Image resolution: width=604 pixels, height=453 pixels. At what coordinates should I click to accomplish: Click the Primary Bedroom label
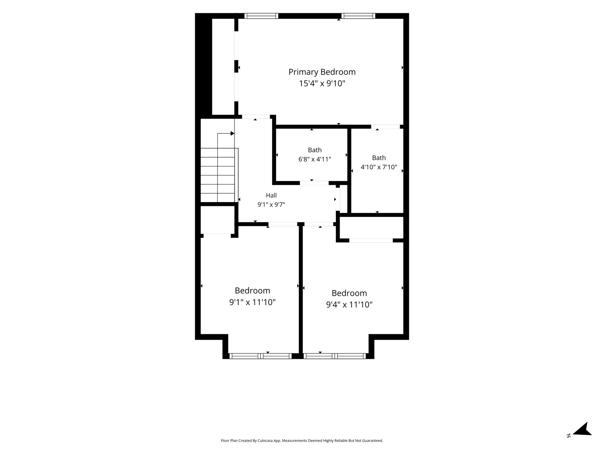(322, 72)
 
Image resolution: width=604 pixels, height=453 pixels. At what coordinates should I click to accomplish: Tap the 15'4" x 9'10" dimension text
(322, 84)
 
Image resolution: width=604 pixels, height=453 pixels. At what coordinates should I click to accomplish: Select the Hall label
(271, 195)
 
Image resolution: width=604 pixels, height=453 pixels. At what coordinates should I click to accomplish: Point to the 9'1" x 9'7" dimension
(271, 204)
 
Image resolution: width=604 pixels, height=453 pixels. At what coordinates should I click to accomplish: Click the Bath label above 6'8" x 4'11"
(315, 150)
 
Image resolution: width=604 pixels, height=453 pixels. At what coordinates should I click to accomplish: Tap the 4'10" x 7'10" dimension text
(379, 167)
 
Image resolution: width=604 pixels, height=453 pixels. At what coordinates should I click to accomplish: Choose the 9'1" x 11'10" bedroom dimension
(252, 302)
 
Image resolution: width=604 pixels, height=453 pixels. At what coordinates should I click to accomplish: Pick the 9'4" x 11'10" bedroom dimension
(349, 305)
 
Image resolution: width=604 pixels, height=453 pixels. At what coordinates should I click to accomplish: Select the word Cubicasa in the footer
(265, 441)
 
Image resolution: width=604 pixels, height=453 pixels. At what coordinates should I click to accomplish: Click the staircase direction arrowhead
(232, 134)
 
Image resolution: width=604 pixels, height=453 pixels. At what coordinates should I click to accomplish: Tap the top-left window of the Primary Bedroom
(261, 16)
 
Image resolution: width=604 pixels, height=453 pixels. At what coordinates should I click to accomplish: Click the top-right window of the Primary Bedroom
(358, 16)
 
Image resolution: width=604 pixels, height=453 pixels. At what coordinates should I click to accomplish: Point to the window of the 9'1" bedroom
(260, 356)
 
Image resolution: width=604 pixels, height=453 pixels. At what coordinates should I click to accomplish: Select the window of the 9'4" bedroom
(334, 356)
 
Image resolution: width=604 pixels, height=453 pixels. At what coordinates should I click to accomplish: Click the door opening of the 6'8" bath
(314, 183)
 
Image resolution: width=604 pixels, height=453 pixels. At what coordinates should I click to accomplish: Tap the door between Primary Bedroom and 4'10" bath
(385, 127)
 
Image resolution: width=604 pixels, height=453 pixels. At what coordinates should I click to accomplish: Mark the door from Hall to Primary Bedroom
(256, 117)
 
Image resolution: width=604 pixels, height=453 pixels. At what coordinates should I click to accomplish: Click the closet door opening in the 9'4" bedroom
(371, 240)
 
